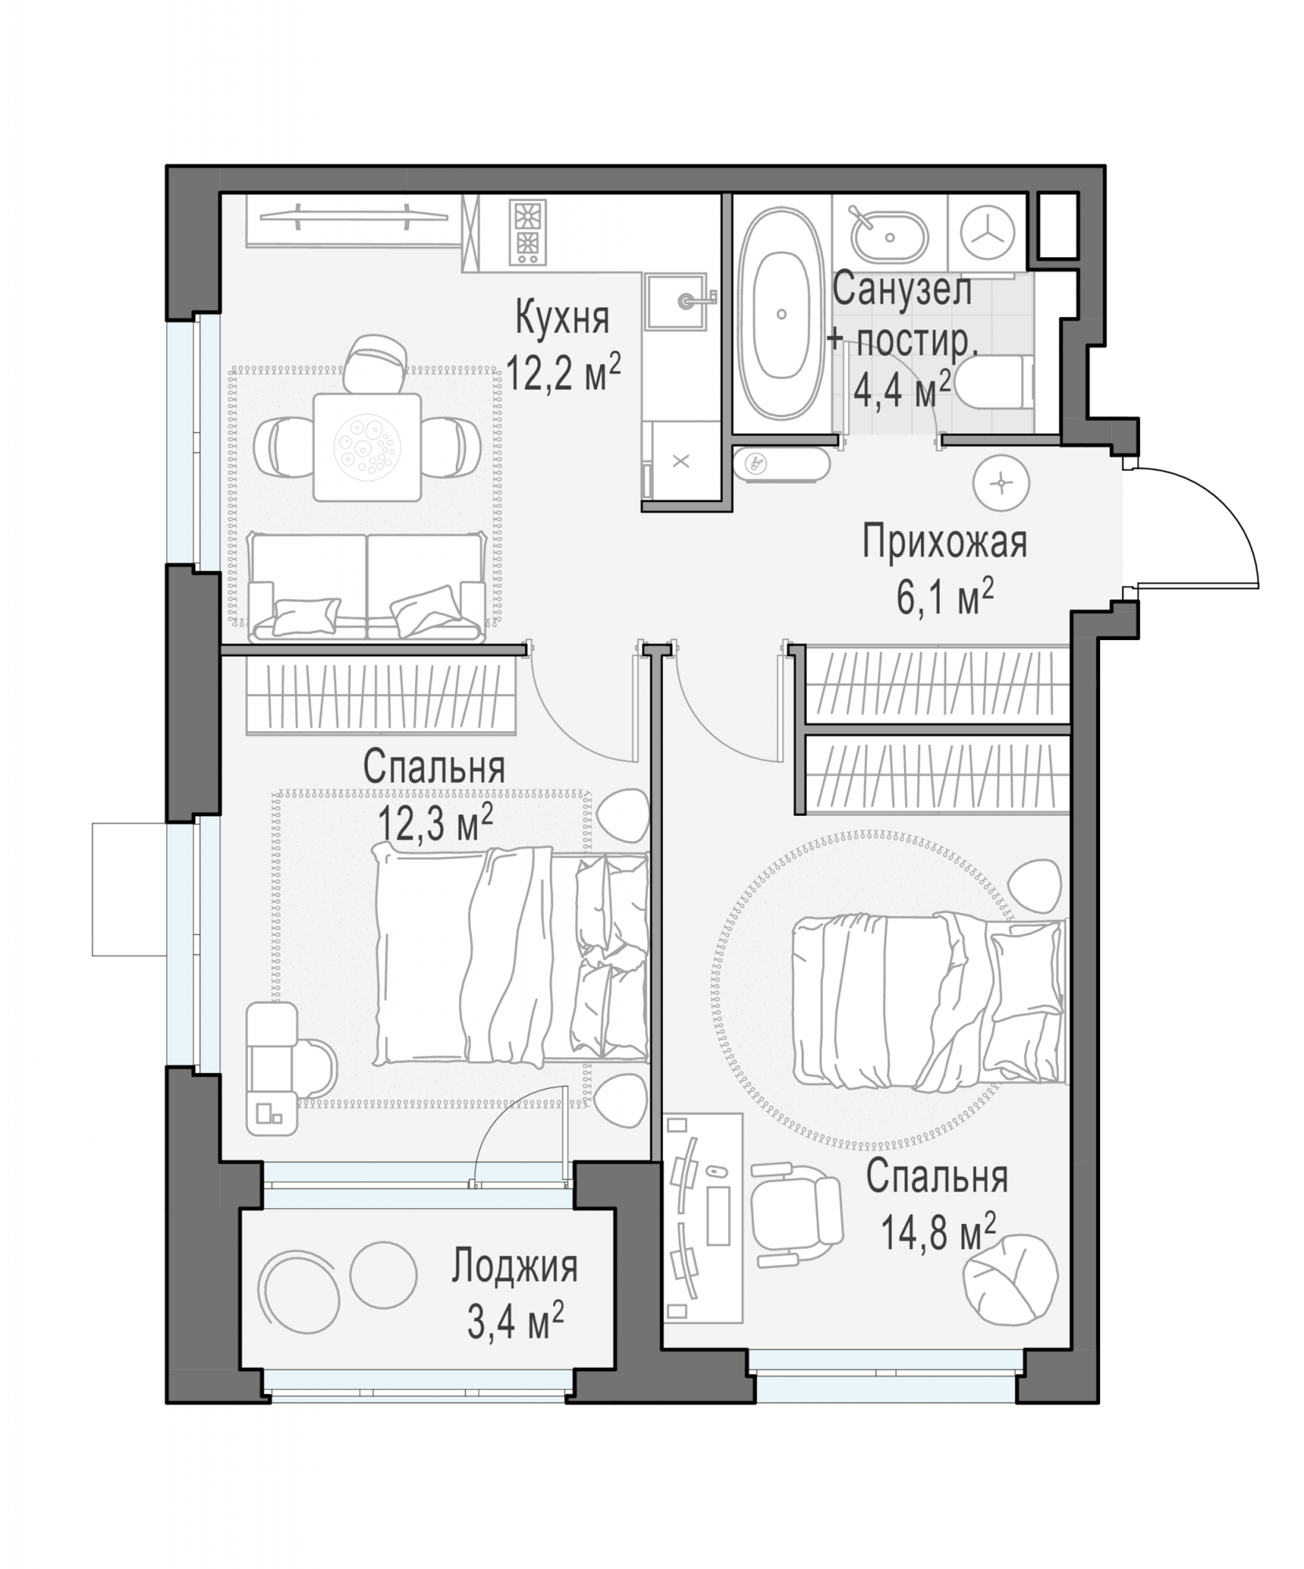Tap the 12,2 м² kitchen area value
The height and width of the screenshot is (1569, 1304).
pyautogui.click(x=563, y=372)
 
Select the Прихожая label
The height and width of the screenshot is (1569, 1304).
pyautogui.click(x=945, y=543)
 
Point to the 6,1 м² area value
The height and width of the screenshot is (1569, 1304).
pyautogui.click(x=945, y=599)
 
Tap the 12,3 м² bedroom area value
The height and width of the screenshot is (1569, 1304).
pyautogui.click(x=435, y=825)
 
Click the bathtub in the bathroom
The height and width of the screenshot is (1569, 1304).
pyautogui.click(x=780, y=315)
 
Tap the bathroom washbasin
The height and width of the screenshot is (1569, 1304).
pyautogui.click(x=890, y=235)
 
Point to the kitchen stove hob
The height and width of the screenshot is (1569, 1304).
pyautogui.click(x=527, y=232)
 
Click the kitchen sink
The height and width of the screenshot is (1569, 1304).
pyautogui.click(x=679, y=300)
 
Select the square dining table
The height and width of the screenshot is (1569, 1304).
pyautogui.click(x=366, y=446)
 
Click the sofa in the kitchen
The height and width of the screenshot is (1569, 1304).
pyautogui.click(x=366, y=587)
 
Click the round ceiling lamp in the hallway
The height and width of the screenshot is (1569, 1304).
pyautogui.click(x=1000, y=482)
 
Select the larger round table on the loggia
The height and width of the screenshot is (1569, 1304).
pyautogui.click(x=301, y=1287)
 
